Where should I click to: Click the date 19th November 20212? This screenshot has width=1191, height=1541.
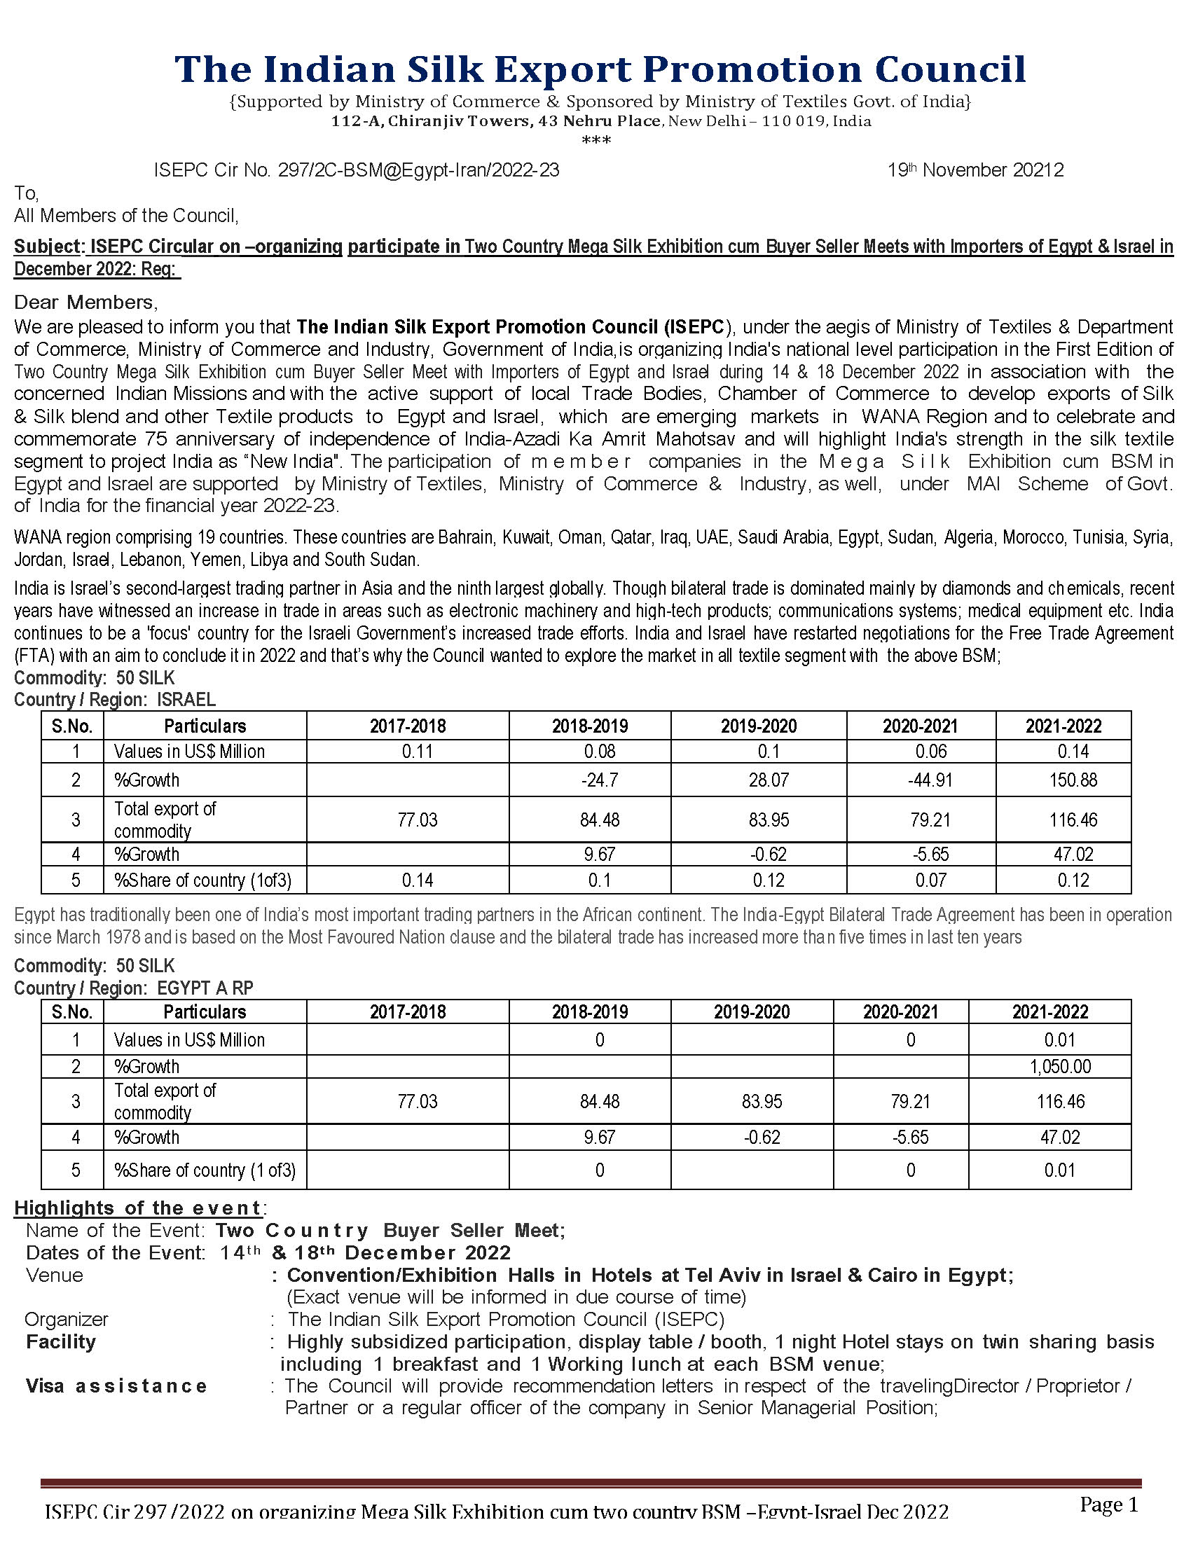[x=975, y=170]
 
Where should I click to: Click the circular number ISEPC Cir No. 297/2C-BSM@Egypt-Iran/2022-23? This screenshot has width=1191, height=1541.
[x=357, y=170]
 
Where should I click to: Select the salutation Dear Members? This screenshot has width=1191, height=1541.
[x=86, y=302]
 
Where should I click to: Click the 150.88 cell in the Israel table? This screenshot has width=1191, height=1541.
[x=1073, y=780]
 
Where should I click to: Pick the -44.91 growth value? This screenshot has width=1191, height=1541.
[x=930, y=780]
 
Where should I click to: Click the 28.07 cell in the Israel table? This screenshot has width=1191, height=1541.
[x=769, y=780]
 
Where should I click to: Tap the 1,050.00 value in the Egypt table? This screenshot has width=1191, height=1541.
[x=1060, y=1066]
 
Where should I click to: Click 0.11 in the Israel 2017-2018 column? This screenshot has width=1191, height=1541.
[x=417, y=751]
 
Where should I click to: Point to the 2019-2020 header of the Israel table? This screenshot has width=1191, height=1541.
[x=759, y=726]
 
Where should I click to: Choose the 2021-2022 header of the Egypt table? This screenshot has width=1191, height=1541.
[x=1050, y=1012]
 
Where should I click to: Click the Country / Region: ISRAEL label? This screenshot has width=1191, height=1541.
[x=115, y=699]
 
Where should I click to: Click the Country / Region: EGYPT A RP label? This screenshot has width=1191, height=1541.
[x=133, y=988]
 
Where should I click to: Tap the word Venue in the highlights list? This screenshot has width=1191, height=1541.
[x=55, y=1275]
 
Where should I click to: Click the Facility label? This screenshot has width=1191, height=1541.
[x=61, y=1341]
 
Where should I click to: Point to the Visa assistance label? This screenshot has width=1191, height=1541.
[x=116, y=1385]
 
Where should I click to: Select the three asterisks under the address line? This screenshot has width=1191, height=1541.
[x=596, y=140]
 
